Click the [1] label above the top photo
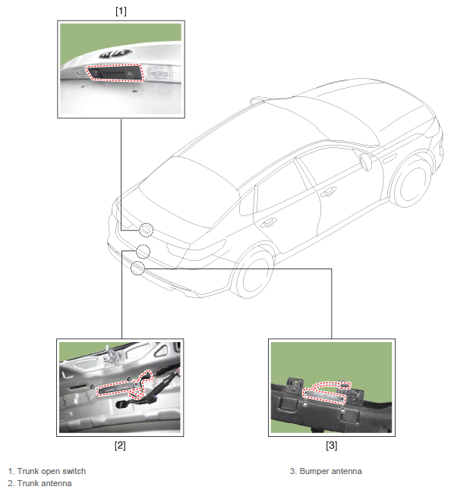121,11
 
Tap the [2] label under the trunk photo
120,445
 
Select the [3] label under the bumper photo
331,445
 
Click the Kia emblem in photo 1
115,54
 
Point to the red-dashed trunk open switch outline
115,73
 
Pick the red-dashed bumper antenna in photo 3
324,393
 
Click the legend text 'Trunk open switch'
52,471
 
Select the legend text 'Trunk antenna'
44,483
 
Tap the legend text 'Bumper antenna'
330,471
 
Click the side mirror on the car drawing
366,161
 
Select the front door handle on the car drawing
328,191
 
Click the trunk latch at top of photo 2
112,355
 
